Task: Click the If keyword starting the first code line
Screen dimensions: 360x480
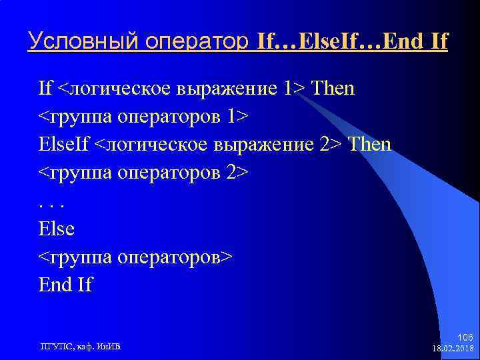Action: click(x=45, y=88)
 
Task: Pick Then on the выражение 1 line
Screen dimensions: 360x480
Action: click(x=333, y=88)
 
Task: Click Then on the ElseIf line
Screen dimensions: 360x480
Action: click(x=370, y=144)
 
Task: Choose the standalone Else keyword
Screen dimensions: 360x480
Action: click(x=57, y=229)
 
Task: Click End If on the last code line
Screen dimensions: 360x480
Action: click(x=65, y=285)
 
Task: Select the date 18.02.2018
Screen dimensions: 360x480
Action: click(x=453, y=348)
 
